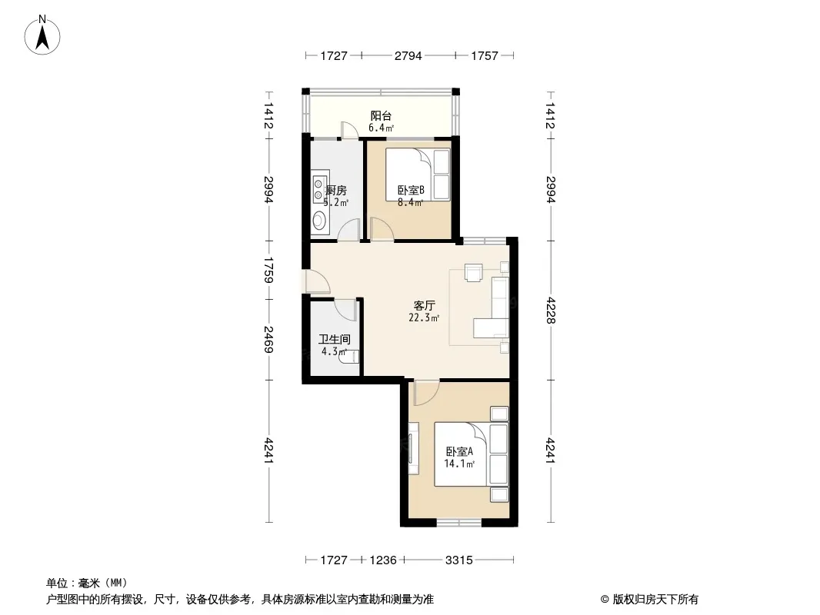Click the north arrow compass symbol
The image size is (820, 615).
tap(42, 35)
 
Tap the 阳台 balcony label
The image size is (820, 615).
tap(381, 115)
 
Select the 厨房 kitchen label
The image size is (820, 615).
tap(335, 190)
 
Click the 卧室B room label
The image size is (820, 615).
tap(411, 190)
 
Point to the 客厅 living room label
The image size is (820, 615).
tap(424, 305)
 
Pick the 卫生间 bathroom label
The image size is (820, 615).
tap(335, 340)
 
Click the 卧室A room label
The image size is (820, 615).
tap(460, 451)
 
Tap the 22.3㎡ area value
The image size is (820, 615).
tap(424, 317)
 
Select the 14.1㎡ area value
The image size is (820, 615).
tap(460, 464)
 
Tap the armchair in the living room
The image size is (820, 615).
tap(474, 272)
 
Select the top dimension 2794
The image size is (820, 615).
tap(408, 55)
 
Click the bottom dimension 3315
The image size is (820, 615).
tap(459, 560)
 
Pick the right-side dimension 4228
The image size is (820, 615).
tap(550, 311)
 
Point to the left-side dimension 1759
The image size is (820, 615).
tap(268, 270)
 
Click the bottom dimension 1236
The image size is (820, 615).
tap(383, 560)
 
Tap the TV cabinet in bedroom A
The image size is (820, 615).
tap(414, 449)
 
